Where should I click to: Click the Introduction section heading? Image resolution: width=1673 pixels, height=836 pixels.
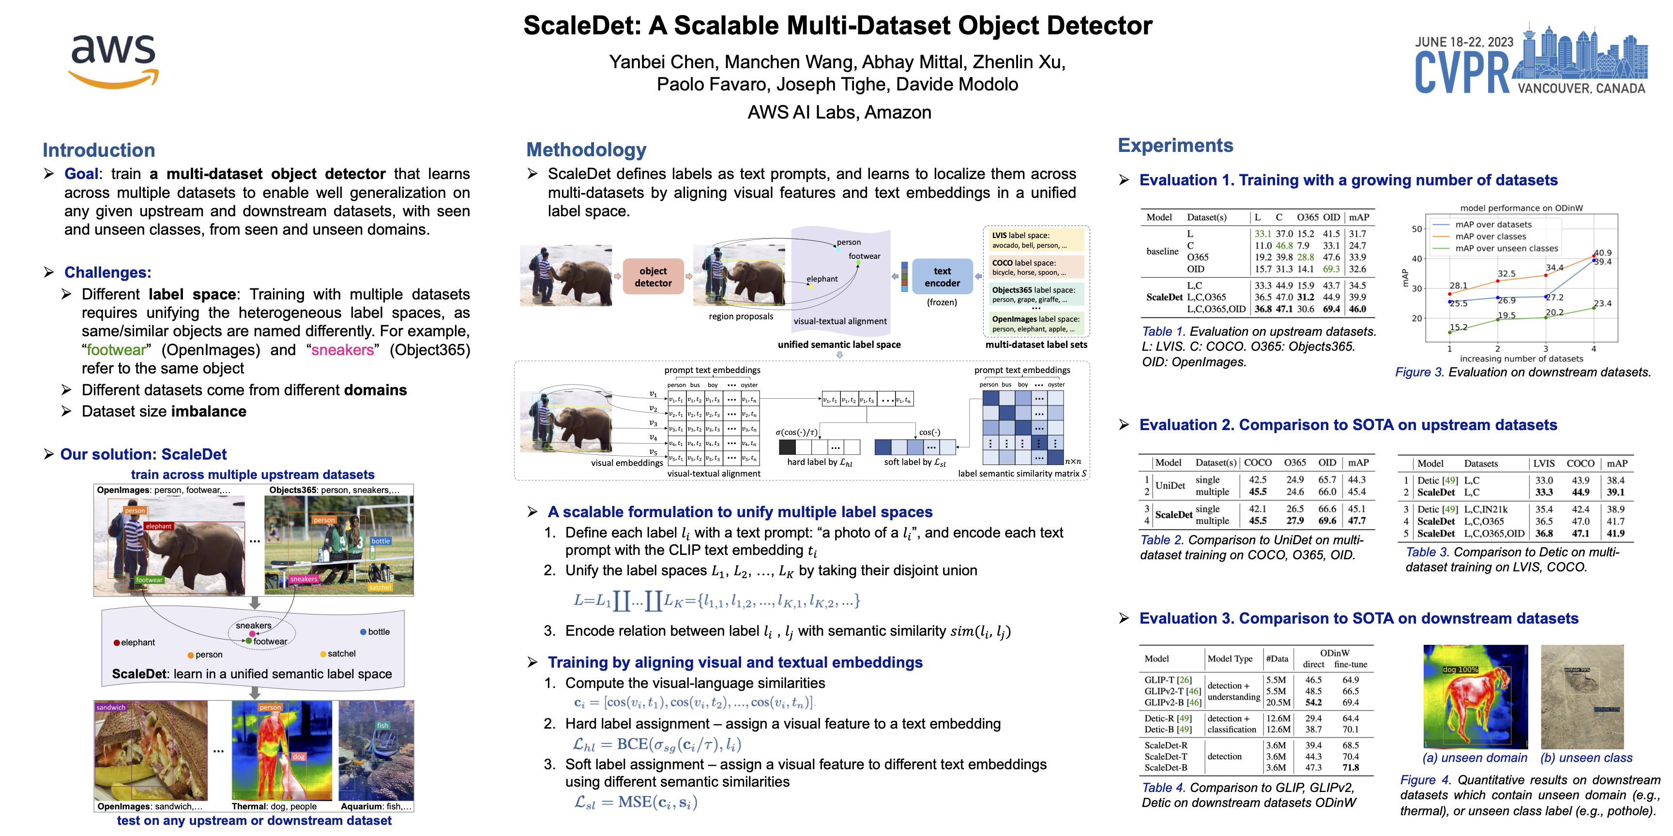coord(99,150)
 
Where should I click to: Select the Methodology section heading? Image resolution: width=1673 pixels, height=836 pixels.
coord(586,150)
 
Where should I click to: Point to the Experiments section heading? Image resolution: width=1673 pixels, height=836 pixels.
coord(1175,146)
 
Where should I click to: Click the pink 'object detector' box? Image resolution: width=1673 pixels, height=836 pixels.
coord(653,277)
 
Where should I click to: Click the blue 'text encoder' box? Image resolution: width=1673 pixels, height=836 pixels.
coord(942,277)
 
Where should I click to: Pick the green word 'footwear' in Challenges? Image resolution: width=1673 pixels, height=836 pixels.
coord(116,350)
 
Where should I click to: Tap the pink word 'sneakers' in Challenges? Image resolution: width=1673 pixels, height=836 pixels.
coord(342,350)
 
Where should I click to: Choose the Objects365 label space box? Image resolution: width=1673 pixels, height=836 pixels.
coord(1036,295)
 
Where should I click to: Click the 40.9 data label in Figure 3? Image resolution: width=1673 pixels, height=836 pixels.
coord(1602,253)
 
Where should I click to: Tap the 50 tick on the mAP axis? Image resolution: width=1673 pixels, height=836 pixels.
coord(1416,229)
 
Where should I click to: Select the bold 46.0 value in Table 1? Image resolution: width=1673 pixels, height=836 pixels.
coord(1357,310)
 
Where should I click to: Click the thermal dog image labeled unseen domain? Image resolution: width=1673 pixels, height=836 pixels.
coord(1475,697)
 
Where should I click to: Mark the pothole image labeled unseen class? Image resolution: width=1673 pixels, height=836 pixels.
coord(1582,697)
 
